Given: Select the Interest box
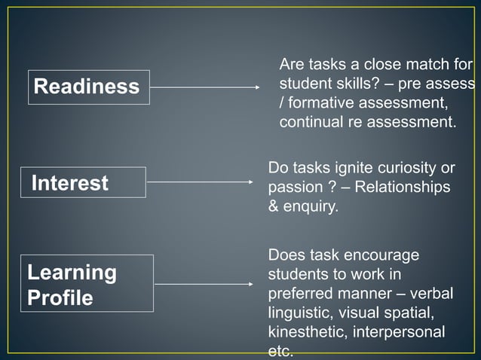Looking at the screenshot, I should [x=83, y=182].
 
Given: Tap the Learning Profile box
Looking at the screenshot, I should [x=89, y=284].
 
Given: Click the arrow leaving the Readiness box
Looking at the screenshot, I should [x=205, y=87].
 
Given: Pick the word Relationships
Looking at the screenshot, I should [x=403, y=186].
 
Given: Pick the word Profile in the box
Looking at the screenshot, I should [x=60, y=298].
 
